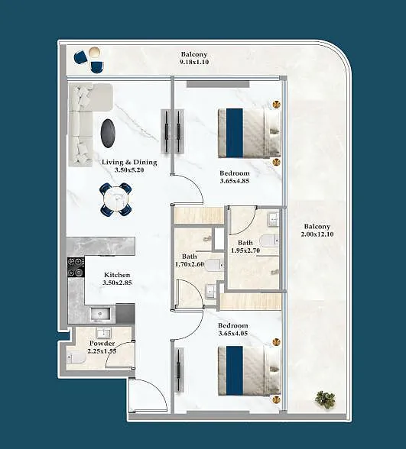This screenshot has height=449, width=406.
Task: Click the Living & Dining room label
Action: click(x=129, y=162)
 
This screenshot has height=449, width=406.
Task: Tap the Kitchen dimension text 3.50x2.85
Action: click(x=117, y=283)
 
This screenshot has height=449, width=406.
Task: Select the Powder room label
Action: click(x=102, y=343)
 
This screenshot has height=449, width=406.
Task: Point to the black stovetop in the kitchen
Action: click(x=76, y=267)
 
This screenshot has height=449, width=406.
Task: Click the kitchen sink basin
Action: click(x=100, y=315)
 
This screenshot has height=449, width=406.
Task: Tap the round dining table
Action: click(x=116, y=199)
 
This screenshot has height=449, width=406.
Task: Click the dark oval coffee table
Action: click(x=108, y=134)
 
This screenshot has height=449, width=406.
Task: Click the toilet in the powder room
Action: click(x=76, y=357)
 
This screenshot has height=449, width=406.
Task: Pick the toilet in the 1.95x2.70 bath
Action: click(x=269, y=240)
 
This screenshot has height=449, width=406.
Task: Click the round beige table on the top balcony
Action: click(x=94, y=53)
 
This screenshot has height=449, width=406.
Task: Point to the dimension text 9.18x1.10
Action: click(x=194, y=62)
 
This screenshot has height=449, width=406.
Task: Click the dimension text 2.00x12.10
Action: click(x=317, y=234)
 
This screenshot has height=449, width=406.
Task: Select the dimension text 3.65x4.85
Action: click(x=235, y=181)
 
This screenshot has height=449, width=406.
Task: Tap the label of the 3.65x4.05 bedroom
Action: click(x=232, y=325)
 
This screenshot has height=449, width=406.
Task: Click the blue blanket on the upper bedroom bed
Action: click(x=234, y=133)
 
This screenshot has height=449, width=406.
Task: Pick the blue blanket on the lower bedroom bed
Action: click(x=234, y=370)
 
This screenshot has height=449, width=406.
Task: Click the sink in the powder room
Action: click(x=103, y=333)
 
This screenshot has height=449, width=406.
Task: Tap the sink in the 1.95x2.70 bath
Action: click(x=274, y=219)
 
